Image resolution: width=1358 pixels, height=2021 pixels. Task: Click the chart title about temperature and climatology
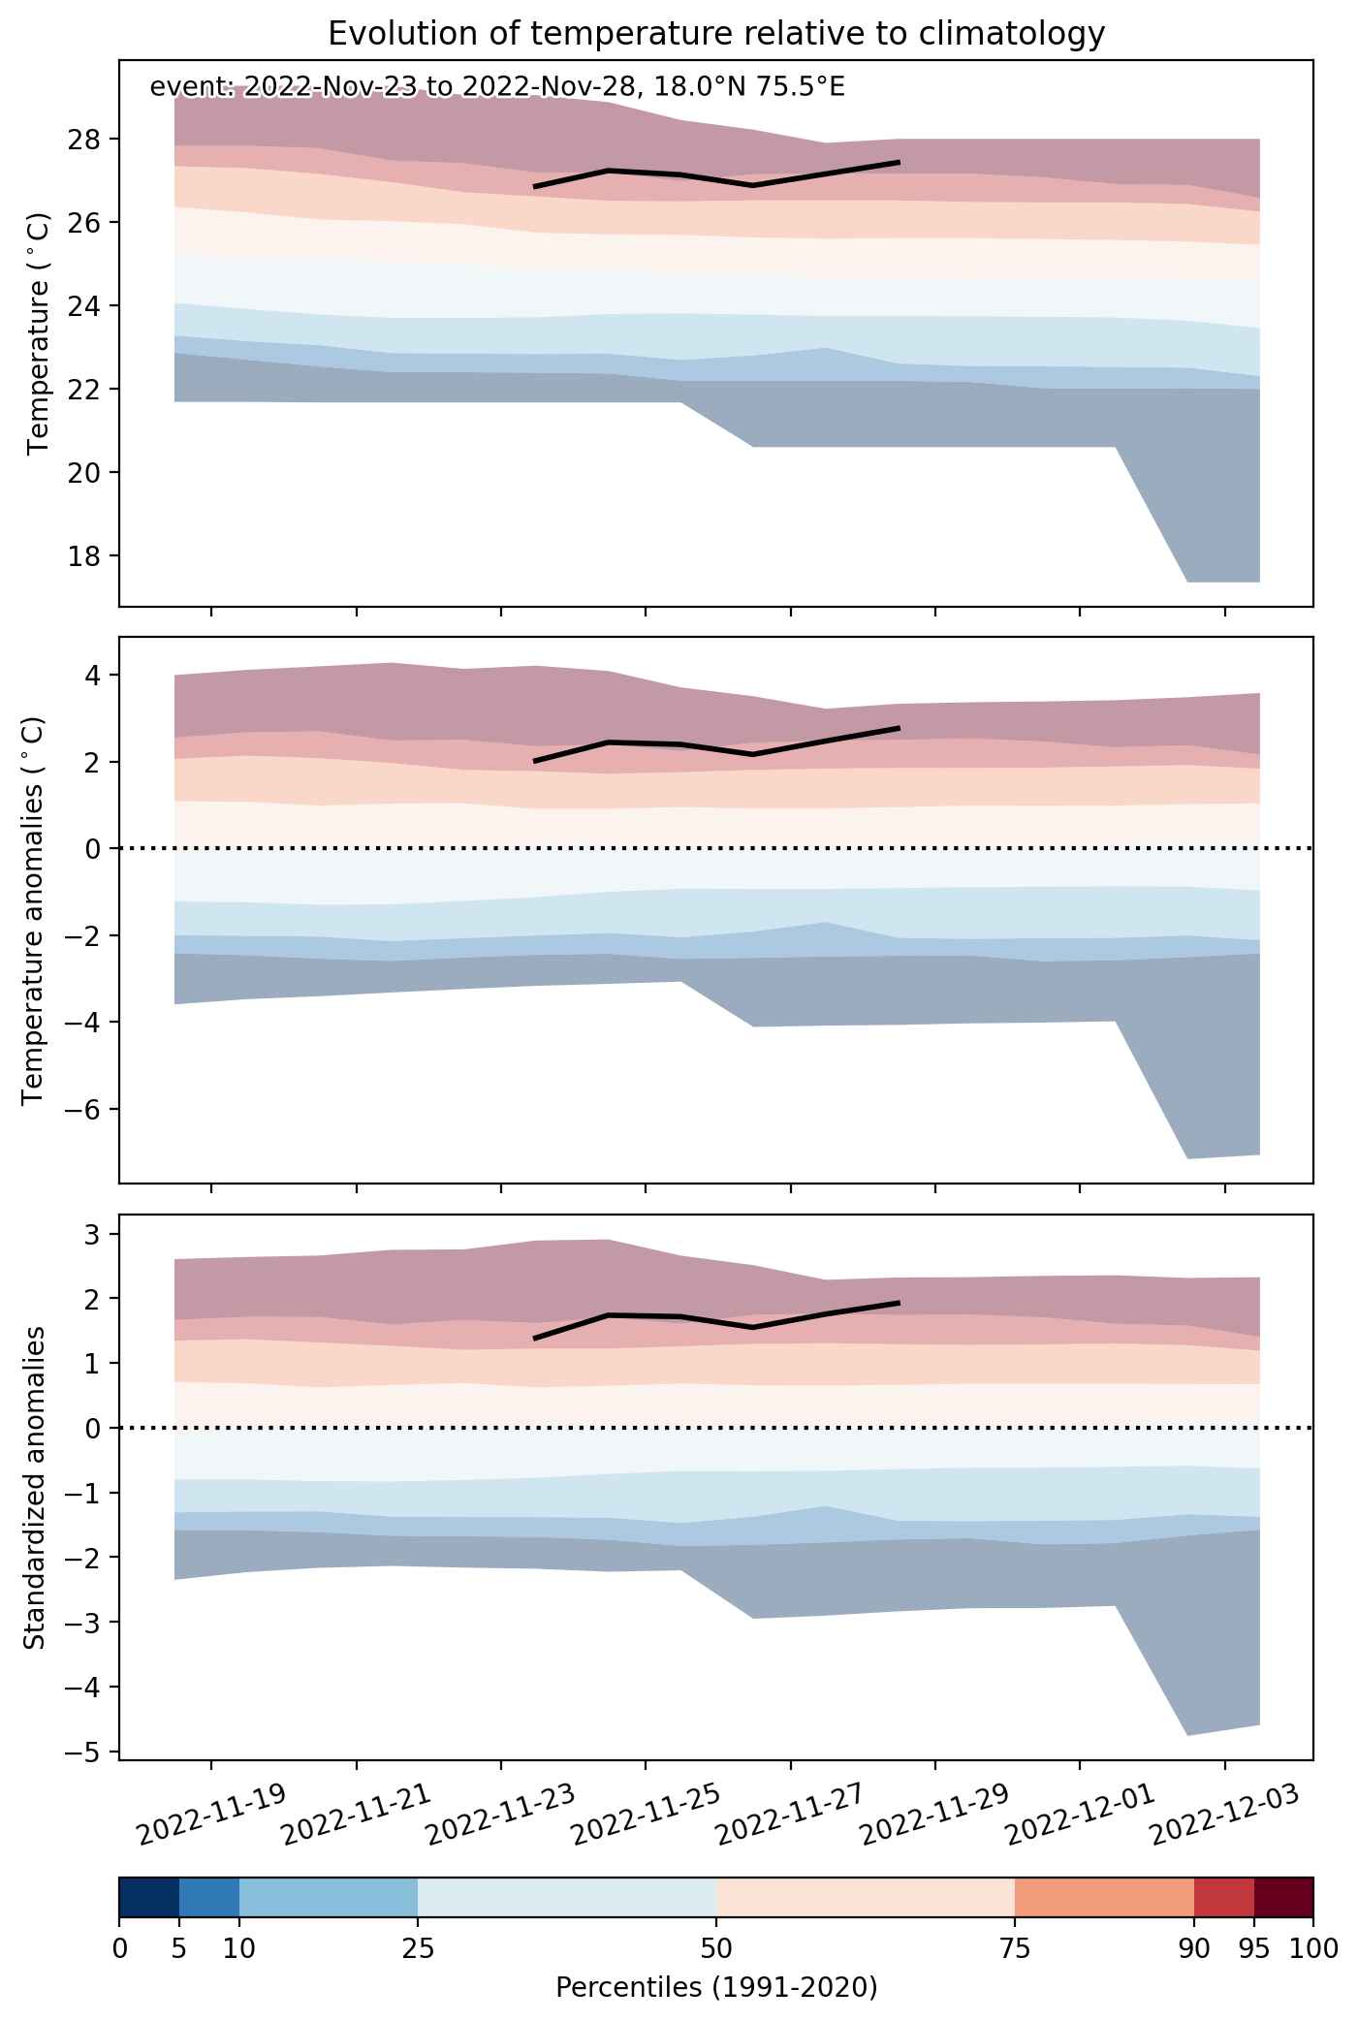point(716,34)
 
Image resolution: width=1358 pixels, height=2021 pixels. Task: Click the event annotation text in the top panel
point(497,88)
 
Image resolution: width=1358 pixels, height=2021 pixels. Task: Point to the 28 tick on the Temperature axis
point(90,140)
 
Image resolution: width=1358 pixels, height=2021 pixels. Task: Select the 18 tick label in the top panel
point(90,555)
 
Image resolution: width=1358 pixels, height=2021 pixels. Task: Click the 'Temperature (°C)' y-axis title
point(38,333)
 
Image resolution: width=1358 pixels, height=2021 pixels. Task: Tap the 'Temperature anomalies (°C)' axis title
point(34,910)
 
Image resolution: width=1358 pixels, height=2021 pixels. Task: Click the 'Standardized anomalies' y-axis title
point(34,1487)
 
